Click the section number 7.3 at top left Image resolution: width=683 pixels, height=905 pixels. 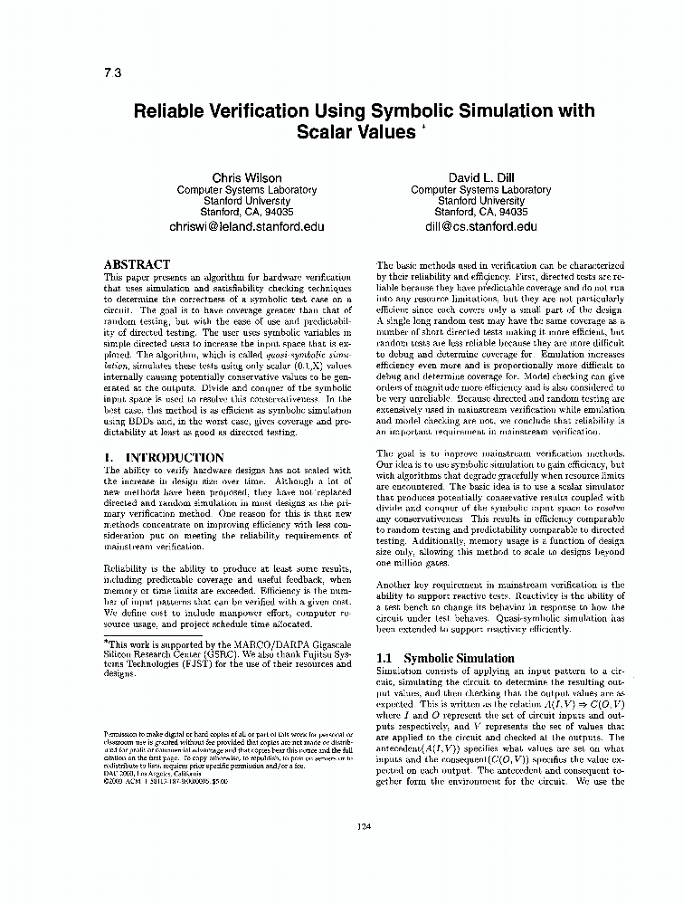coord(113,73)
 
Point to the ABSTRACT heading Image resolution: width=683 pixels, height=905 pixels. coord(137,263)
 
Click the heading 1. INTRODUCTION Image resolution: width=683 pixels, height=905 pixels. coord(163,458)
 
